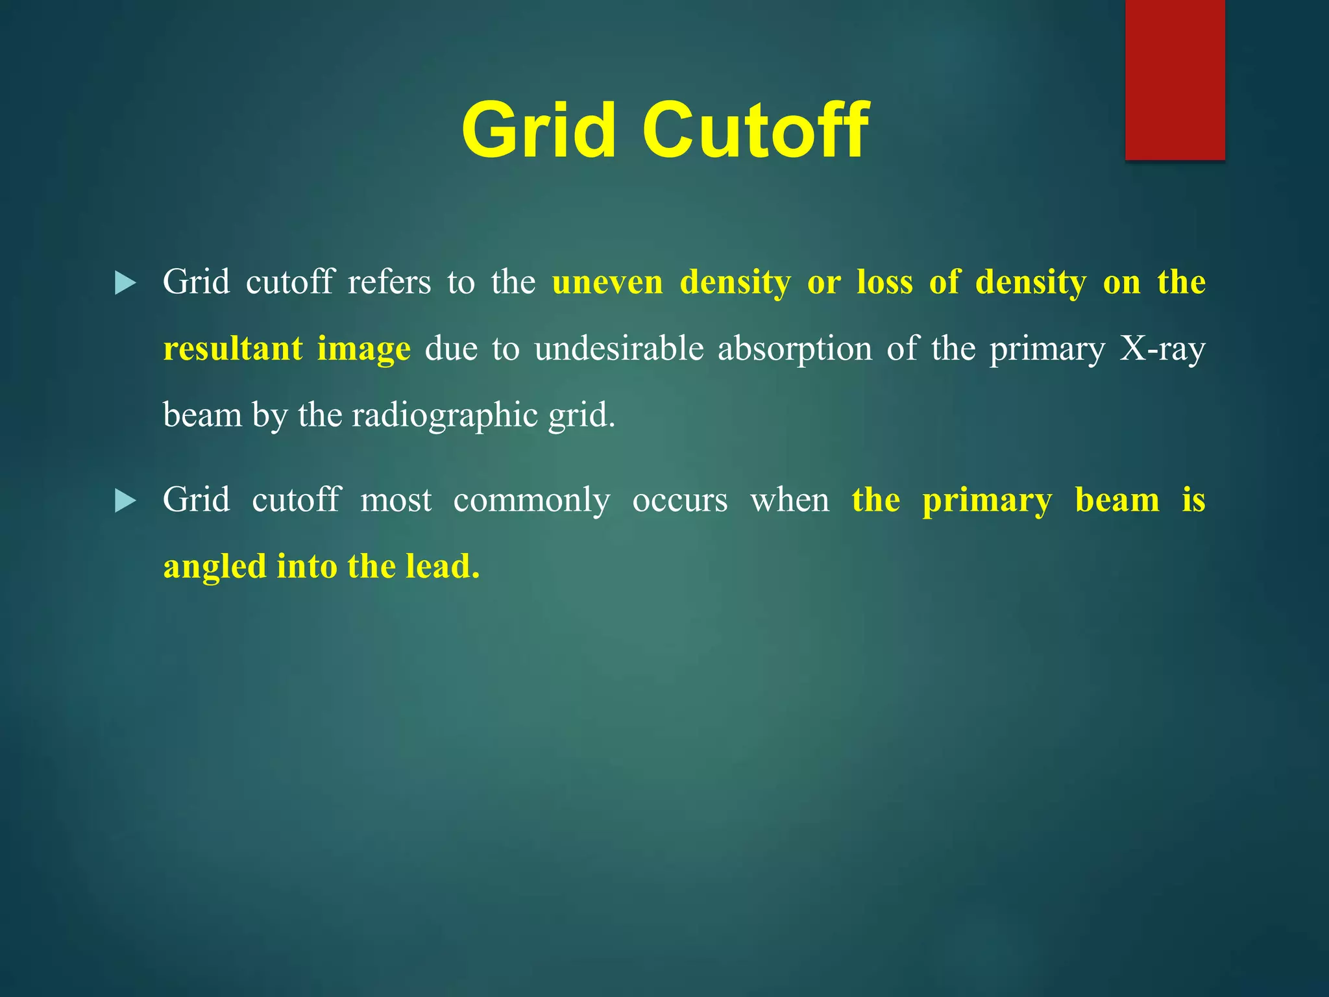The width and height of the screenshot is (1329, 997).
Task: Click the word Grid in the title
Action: coord(538,130)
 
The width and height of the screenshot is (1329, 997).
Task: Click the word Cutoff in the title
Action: coord(755,130)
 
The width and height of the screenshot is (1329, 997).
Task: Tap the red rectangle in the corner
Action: coord(1175,79)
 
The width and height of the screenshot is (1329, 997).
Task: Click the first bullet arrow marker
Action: coord(125,283)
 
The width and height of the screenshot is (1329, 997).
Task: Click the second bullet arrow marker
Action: coord(125,501)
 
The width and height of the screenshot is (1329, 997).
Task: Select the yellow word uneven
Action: coord(607,283)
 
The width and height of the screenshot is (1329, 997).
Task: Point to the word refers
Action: coord(389,283)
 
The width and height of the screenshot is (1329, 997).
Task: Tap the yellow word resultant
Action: coord(232,349)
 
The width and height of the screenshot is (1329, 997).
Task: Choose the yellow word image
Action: coord(363,350)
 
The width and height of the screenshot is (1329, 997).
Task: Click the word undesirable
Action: coord(618,349)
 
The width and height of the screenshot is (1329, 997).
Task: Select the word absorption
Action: coord(795,350)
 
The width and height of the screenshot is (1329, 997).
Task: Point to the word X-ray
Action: coord(1162,350)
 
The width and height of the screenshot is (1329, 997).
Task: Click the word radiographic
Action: coord(444,416)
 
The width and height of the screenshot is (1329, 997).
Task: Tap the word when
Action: coord(789,501)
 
